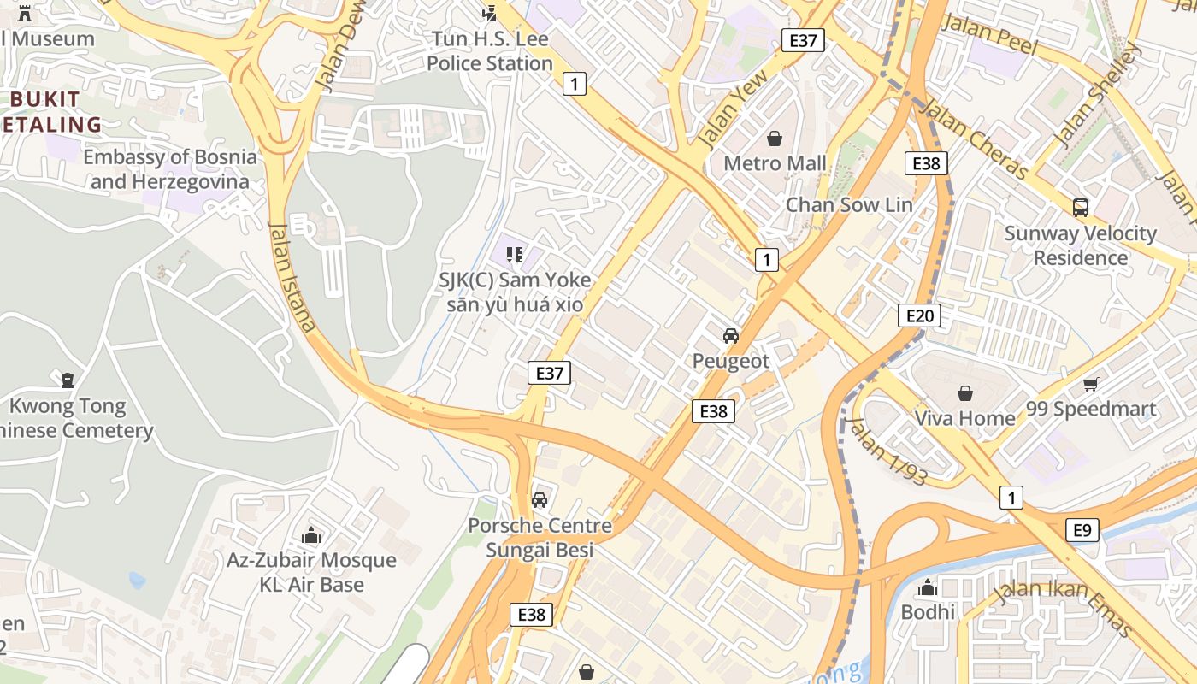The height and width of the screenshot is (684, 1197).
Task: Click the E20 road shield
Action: [x=919, y=315]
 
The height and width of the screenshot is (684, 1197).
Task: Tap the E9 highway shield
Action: [x=1082, y=530]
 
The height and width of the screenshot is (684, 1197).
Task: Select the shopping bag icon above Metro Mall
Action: [x=775, y=138]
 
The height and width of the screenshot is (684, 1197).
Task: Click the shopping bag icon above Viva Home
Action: [x=964, y=393]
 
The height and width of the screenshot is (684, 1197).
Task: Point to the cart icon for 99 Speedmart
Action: [x=1090, y=384]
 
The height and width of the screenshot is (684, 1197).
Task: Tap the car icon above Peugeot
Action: [x=730, y=335]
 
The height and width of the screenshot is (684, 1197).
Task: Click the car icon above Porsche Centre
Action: [x=540, y=499]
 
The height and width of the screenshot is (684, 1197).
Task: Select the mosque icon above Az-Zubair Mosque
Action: [x=311, y=535]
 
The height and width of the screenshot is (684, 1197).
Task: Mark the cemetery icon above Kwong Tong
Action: [x=68, y=380]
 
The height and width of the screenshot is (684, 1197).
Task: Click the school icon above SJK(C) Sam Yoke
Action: [x=514, y=254]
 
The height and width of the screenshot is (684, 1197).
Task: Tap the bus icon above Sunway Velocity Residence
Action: [x=1080, y=207]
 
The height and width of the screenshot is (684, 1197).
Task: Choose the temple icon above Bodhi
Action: [x=928, y=587]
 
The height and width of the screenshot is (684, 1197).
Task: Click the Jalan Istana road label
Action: [x=292, y=276]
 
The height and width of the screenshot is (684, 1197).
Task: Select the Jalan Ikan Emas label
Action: [x=1064, y=608]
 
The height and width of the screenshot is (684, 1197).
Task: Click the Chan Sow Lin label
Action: [x=848, y=204]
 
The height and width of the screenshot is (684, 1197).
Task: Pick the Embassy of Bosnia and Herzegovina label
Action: [x=169, y=169]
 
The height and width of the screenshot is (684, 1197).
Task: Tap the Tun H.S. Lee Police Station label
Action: [x=490, y=51]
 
